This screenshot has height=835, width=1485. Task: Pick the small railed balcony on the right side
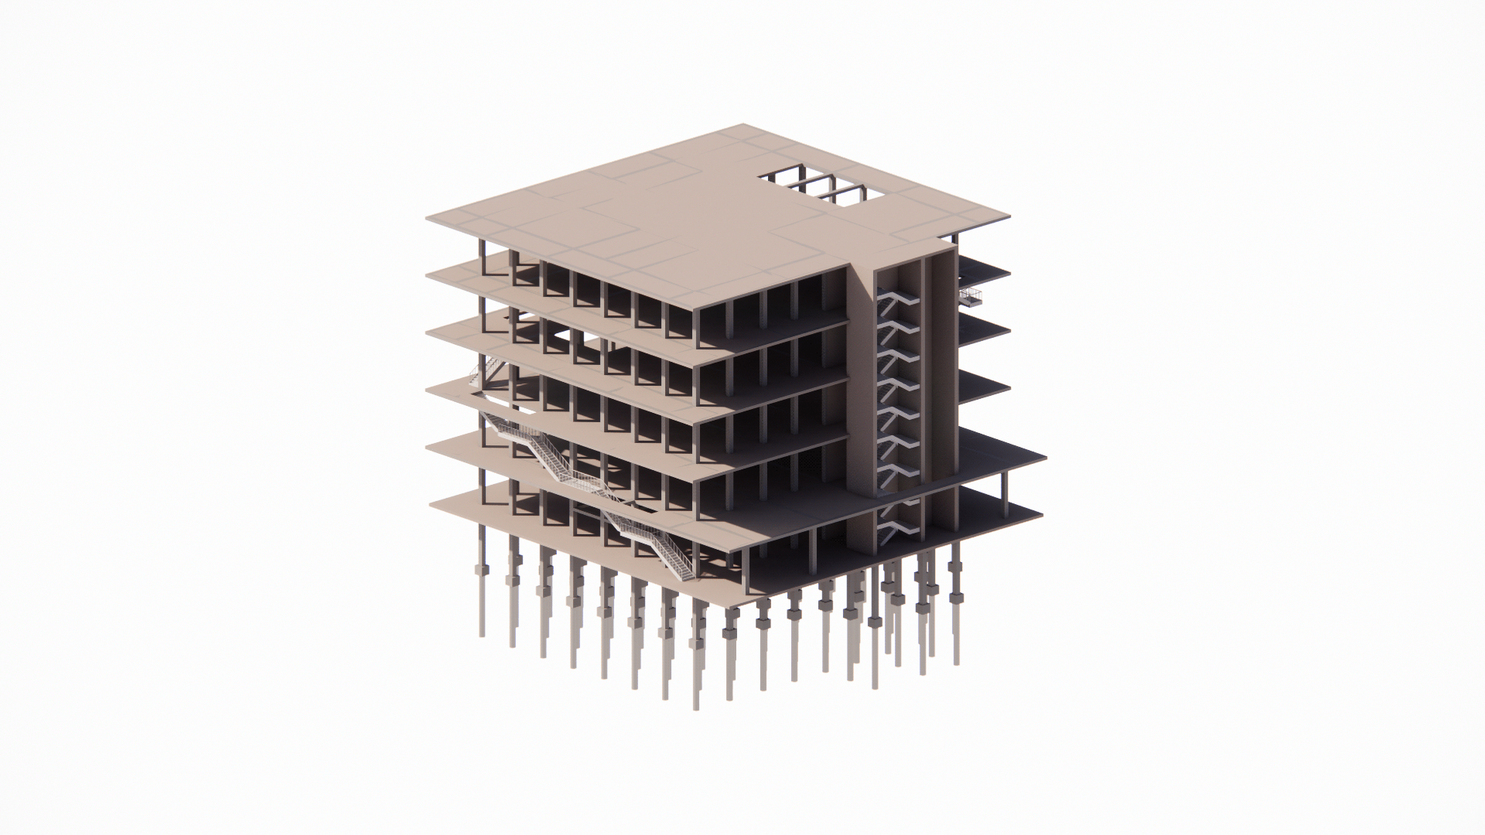pos(970,297)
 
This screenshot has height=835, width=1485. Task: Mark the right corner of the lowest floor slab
pos(1042,511)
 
